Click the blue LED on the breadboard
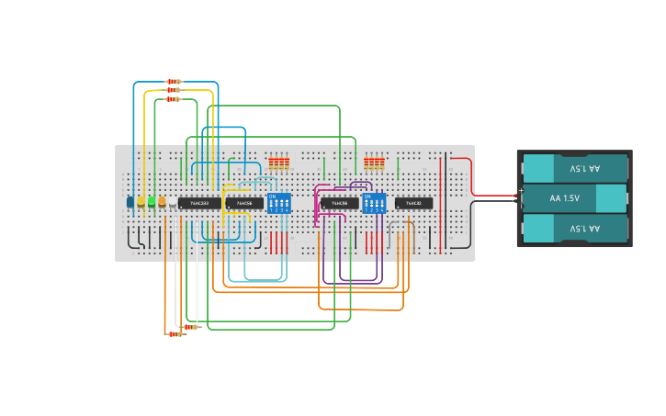pyautogui.click(x=130, y=201)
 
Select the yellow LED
pyautogui.click(x=141, y=201)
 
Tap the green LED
pyautogui.click(x=152, y=201)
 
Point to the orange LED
pyautogui.click(x=162, y=201)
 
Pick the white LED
pyautogui.click(x=172, y=201)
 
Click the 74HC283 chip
pyautogui.click(x=199, y=203)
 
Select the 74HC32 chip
pyautogui.click(x=413, y=203)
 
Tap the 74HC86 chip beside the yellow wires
pyautogui.click(x=244, y=203)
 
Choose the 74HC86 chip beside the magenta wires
pyautogui.click(x=340, y=203)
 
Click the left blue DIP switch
pyautogui.click(x=278, y=203)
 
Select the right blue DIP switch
pyautogui.click(x=374, y=203)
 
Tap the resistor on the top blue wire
pyautogui.click(x=174, y=82)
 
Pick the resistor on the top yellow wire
pyautogui.click(x=174, y=90)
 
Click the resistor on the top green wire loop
pyautogui.click(x=173, y=99)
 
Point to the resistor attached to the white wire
pyautogui.click(x=190, y=326)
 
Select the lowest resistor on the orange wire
pyautogui.click(x=175, y=334)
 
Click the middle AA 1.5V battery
pyautogui.click(x=574, y=198)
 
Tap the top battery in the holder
pyautogui.click(x=574, y=169)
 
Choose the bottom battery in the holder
pyautogui.click(x=574, y=228)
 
